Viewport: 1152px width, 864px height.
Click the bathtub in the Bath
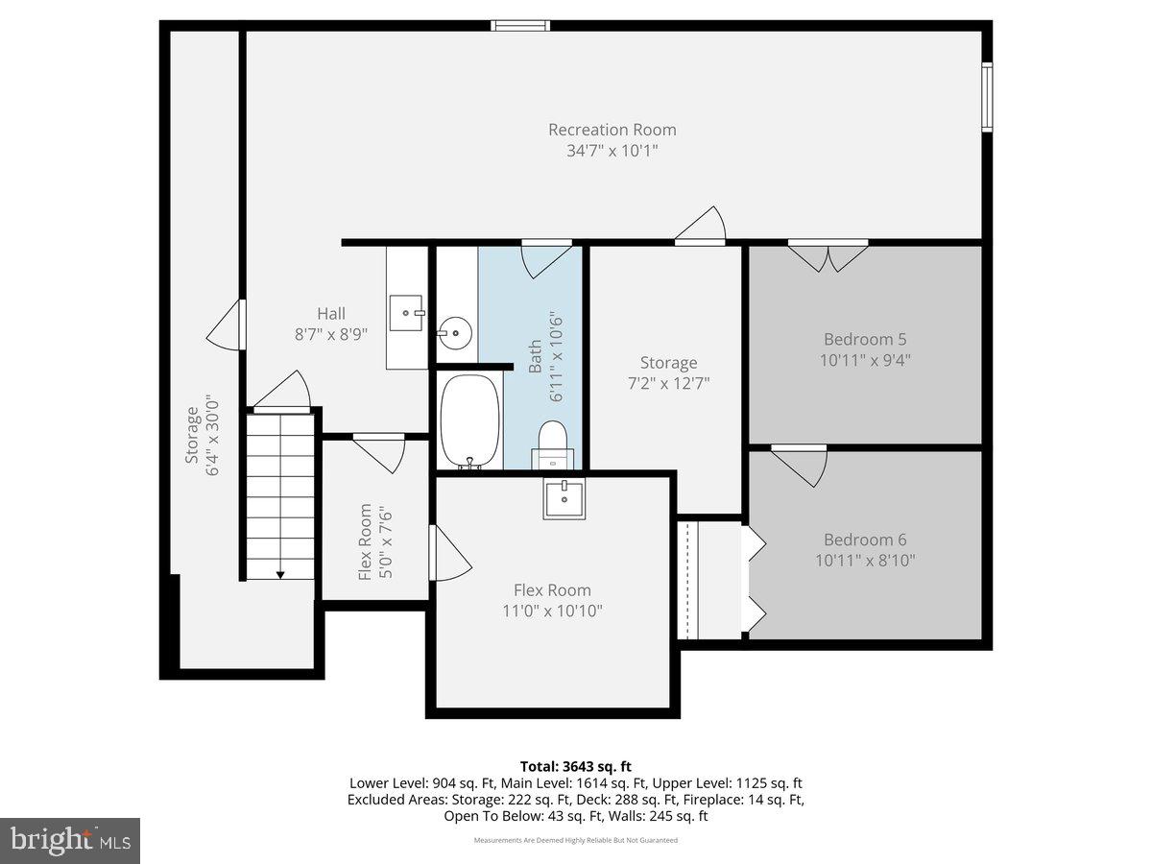469,421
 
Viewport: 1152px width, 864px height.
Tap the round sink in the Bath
454,334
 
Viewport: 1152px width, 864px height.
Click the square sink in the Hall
407,312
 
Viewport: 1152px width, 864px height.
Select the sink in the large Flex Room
564,498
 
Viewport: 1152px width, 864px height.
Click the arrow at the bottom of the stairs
280,574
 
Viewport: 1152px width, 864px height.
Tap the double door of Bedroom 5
828,255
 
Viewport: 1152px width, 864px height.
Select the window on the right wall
986,96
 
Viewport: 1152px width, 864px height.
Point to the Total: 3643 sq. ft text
576,766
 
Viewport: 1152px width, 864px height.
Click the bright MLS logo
70,840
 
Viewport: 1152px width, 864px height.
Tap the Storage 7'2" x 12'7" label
668,372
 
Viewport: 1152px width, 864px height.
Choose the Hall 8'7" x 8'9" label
331,324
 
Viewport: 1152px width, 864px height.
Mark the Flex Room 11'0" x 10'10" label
552,600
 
